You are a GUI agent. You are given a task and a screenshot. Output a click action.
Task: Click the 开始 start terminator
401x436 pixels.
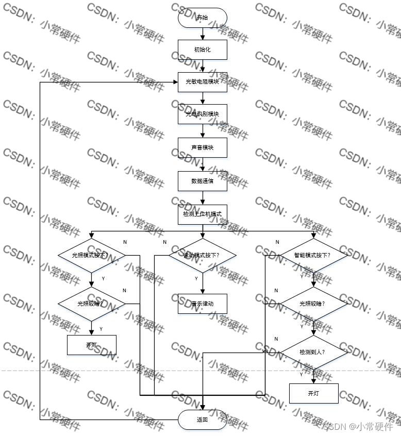tap(202, 18)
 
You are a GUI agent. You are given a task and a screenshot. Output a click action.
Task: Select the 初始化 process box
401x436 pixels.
tap(202, 49)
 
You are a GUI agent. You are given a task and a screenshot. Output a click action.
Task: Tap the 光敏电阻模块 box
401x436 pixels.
tap(202, 82)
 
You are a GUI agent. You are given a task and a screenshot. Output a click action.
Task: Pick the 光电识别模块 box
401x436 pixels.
tap(202, 114)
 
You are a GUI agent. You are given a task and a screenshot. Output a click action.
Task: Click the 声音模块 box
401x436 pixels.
tap(202, 147)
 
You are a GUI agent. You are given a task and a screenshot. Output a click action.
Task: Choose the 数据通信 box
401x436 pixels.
tap(202, 181)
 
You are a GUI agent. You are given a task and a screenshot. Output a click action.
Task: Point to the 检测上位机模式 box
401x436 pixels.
tap(202, 213)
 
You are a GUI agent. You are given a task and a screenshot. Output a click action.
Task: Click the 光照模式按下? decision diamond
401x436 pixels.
tap(91, 255)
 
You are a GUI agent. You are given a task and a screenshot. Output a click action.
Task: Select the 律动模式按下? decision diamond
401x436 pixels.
tap(202, 255)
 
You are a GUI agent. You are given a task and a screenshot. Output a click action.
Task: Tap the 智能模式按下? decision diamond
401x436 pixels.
tap(313, 255)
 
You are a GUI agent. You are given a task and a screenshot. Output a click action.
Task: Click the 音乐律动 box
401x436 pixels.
tap(202, 304)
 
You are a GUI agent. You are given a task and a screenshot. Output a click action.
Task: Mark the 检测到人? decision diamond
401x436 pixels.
tap(313, 352)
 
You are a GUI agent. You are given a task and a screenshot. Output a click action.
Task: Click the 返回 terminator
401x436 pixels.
tap(202, 420)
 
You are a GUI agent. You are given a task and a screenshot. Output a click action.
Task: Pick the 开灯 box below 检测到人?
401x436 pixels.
tap(313, 393)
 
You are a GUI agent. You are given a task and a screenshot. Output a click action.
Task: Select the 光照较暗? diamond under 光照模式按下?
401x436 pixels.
tap(91, 304)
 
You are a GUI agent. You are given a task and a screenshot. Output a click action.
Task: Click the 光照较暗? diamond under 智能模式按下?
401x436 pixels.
tap(313, 304)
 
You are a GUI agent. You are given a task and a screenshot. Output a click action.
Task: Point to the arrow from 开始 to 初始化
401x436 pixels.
tap(202, 33)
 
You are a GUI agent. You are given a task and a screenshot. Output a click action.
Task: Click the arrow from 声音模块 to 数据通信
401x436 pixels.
tap(202, 164)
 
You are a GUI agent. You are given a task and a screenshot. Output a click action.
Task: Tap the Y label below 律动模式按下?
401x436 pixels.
tap(196, 278)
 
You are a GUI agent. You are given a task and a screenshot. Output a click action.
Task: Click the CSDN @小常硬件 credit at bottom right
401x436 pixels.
tap(357, 426)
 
